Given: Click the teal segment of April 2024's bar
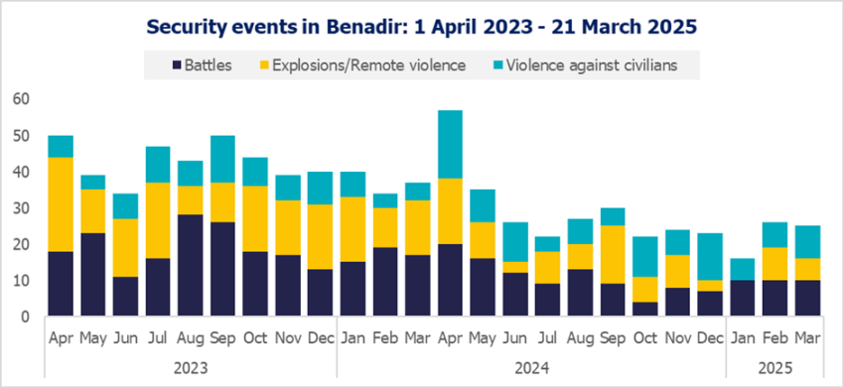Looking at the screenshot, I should click(x=450, y=144).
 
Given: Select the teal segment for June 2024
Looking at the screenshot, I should click(x=515, y=242).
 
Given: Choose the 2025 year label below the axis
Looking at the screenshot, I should click(x=774, y=364).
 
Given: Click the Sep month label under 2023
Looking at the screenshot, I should click(x=222, y=337).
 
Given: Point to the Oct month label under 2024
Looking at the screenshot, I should click(x=644, y=337).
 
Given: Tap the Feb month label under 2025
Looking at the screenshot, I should click(x=774, y=337).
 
